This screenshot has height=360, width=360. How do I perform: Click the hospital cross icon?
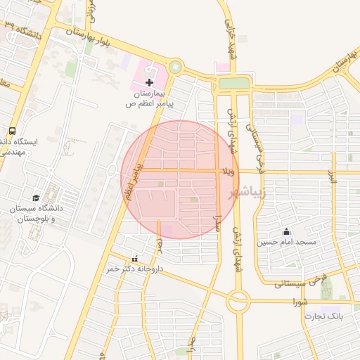point(149,83)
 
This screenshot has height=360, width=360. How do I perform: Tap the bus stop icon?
point(13,131)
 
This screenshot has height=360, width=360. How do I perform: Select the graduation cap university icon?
point(36,198)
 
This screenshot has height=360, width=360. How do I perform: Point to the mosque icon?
point(286,231)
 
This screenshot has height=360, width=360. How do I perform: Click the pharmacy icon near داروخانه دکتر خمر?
point(135,258)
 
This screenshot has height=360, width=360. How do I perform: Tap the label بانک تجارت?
point(323,316)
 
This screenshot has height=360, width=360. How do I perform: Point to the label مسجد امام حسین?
point(286,242)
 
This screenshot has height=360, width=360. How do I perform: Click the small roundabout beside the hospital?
point(174,68)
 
